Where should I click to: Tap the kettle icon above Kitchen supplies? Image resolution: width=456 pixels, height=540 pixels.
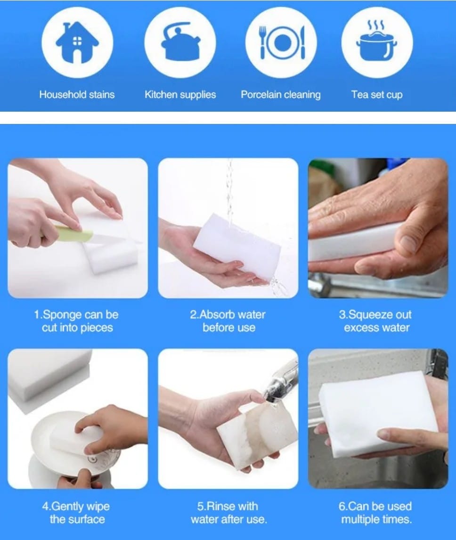(180, 41)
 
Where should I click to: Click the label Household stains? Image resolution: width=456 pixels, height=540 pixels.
(77, 94)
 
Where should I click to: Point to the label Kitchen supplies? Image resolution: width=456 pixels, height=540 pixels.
(180, 95)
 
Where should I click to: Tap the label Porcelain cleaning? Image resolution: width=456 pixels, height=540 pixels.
(281, 95)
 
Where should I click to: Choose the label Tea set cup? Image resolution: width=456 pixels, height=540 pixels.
(377, 95)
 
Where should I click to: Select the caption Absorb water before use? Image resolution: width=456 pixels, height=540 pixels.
(228, 321)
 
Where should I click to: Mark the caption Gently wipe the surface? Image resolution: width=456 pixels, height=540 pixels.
(76, 513)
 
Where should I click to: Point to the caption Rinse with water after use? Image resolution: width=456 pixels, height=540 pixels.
(228, 513)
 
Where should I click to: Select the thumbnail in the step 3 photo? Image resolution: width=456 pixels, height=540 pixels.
(409, 243)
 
